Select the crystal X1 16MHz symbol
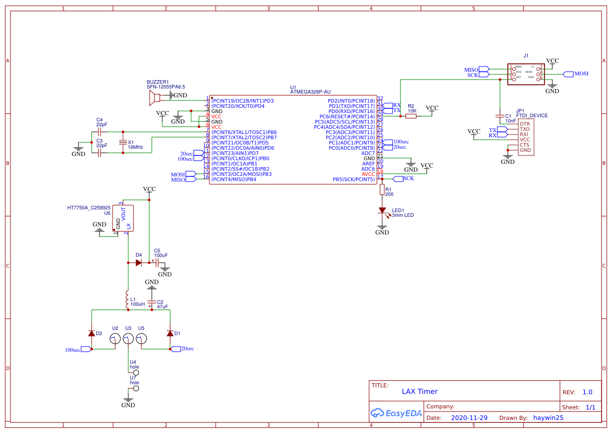point(123,142)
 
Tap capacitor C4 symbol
point(99,132)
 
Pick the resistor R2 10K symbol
point(411,116)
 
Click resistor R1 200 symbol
point(382,190)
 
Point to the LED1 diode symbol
point(382,210)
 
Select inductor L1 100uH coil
point(127,299)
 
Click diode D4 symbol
point(139,263)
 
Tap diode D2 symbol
point(92,333)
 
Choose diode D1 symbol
point(170,333)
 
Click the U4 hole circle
point(136,373)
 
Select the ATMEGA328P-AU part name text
point(310,92)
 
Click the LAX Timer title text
point(419,391)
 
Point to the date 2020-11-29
point(469,418)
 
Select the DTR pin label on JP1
point(524,124)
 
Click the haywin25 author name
point(548,418)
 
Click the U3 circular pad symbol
point(127,339)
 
